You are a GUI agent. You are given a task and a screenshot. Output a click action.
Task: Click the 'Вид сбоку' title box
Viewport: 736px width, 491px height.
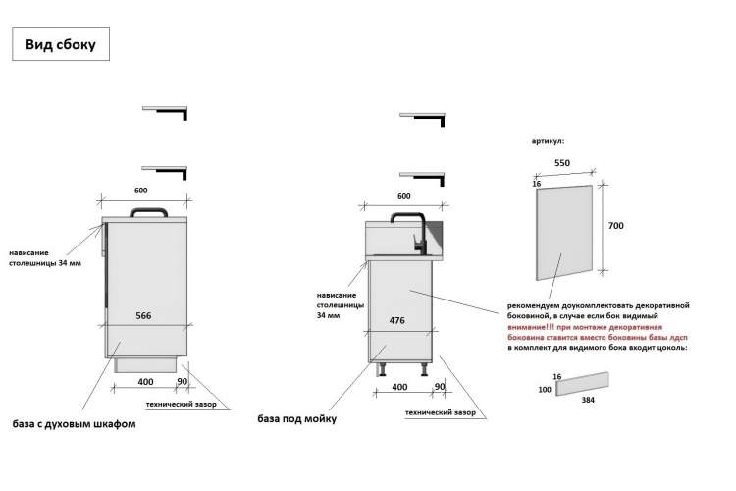tap(61, 44)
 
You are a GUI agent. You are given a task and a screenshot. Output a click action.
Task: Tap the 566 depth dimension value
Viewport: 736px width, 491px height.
tap(143, 316)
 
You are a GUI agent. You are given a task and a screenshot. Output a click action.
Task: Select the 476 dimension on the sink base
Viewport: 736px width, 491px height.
tap(397, 320)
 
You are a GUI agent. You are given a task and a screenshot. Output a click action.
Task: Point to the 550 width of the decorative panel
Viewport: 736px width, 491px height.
tap(562, 163)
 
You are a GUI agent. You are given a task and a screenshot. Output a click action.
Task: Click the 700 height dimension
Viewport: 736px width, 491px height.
tap(616, 226)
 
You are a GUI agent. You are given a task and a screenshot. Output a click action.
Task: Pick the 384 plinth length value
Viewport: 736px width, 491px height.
tap(588, 400)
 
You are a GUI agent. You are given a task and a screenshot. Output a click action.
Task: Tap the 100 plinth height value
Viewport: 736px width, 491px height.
tap(545, 390)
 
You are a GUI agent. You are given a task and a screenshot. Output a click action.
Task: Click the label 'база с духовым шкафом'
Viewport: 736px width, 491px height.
tap(75, 424)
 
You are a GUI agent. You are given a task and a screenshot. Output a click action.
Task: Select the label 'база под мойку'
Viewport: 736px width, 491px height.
tap(297, 418)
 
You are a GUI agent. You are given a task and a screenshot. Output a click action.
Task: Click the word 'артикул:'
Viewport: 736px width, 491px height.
tap(549, 141)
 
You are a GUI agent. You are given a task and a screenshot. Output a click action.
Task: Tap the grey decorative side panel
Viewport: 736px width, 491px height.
tap(564, 233)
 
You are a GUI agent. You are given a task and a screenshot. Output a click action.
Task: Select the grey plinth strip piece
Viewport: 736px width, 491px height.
tap(583, 384)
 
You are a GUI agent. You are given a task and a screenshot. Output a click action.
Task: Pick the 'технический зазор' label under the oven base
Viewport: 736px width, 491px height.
tap(182, 404)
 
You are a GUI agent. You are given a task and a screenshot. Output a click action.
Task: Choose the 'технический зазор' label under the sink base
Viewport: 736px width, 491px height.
tap(441, 412)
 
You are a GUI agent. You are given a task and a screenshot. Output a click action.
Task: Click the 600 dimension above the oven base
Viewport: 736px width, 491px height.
tap(140, 191)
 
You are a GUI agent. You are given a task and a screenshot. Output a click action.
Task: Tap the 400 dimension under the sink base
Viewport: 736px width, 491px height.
tap(399, 387)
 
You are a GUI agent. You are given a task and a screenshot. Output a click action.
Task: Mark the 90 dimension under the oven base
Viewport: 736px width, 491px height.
tap(183, 382)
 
